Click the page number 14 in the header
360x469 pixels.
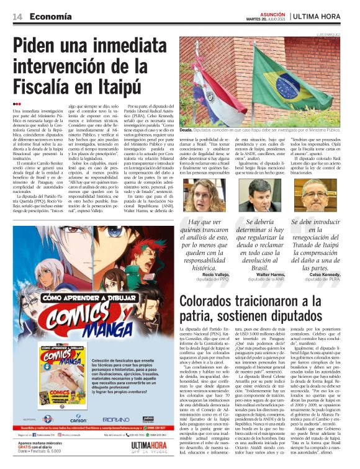(18, 16)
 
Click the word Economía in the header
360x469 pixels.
(51, 16)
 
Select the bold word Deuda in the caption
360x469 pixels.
(186, 131)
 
